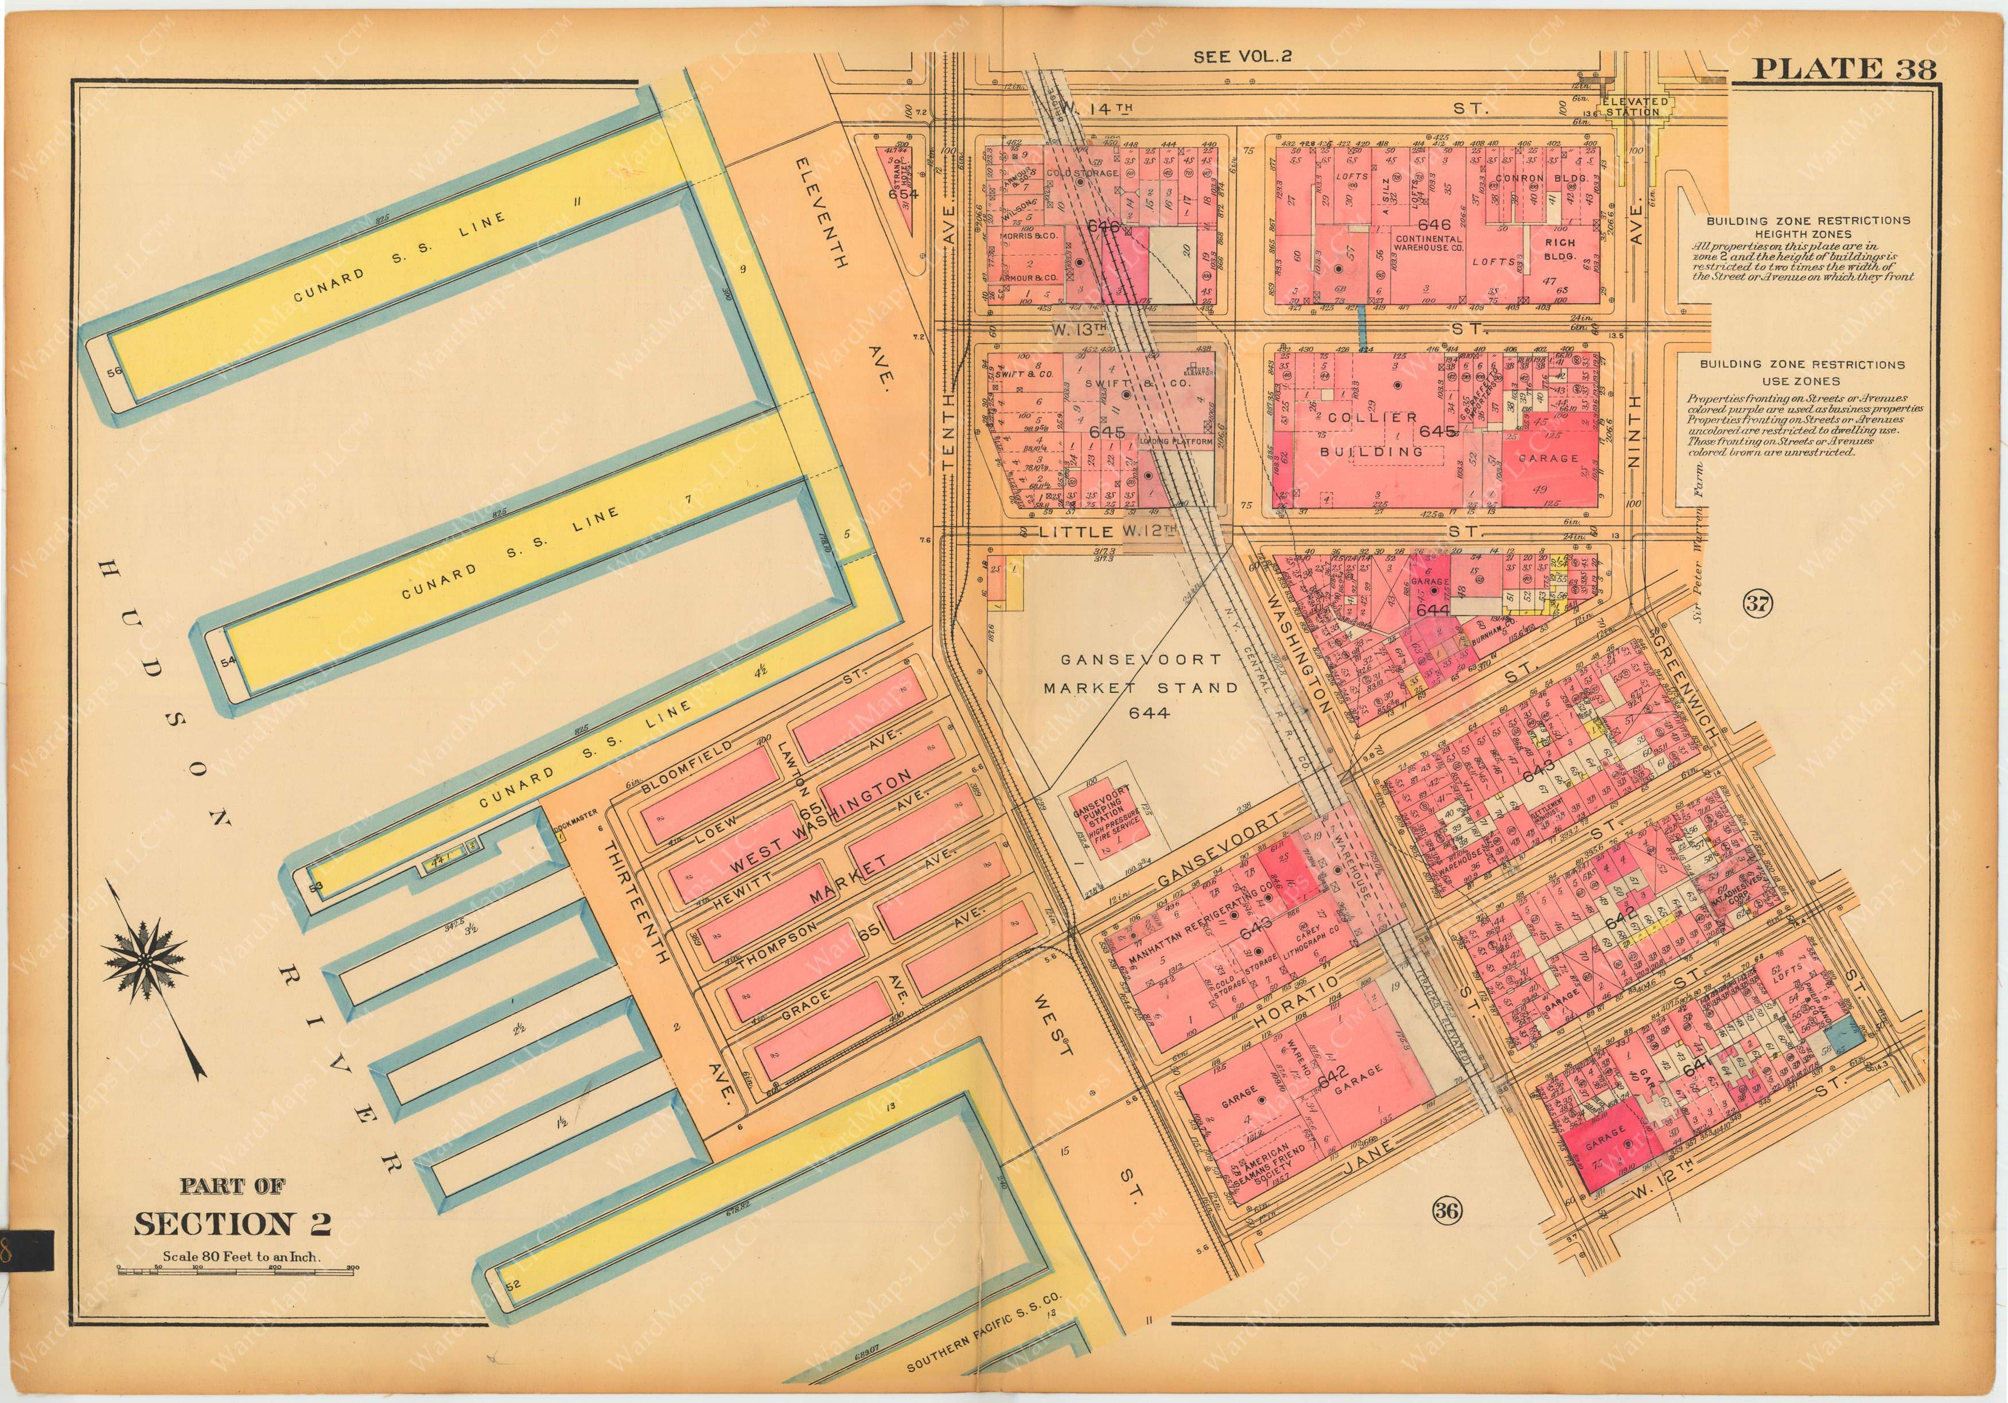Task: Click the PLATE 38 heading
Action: [1843, 68]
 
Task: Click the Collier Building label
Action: [1373, 434]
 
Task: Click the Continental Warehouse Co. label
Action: [1428, 243]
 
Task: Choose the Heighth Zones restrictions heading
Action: [1801, 227]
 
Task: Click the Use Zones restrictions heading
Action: [1801, 372]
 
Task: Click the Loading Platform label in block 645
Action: [1176, 442]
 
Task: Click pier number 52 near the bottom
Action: [512, 1284]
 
